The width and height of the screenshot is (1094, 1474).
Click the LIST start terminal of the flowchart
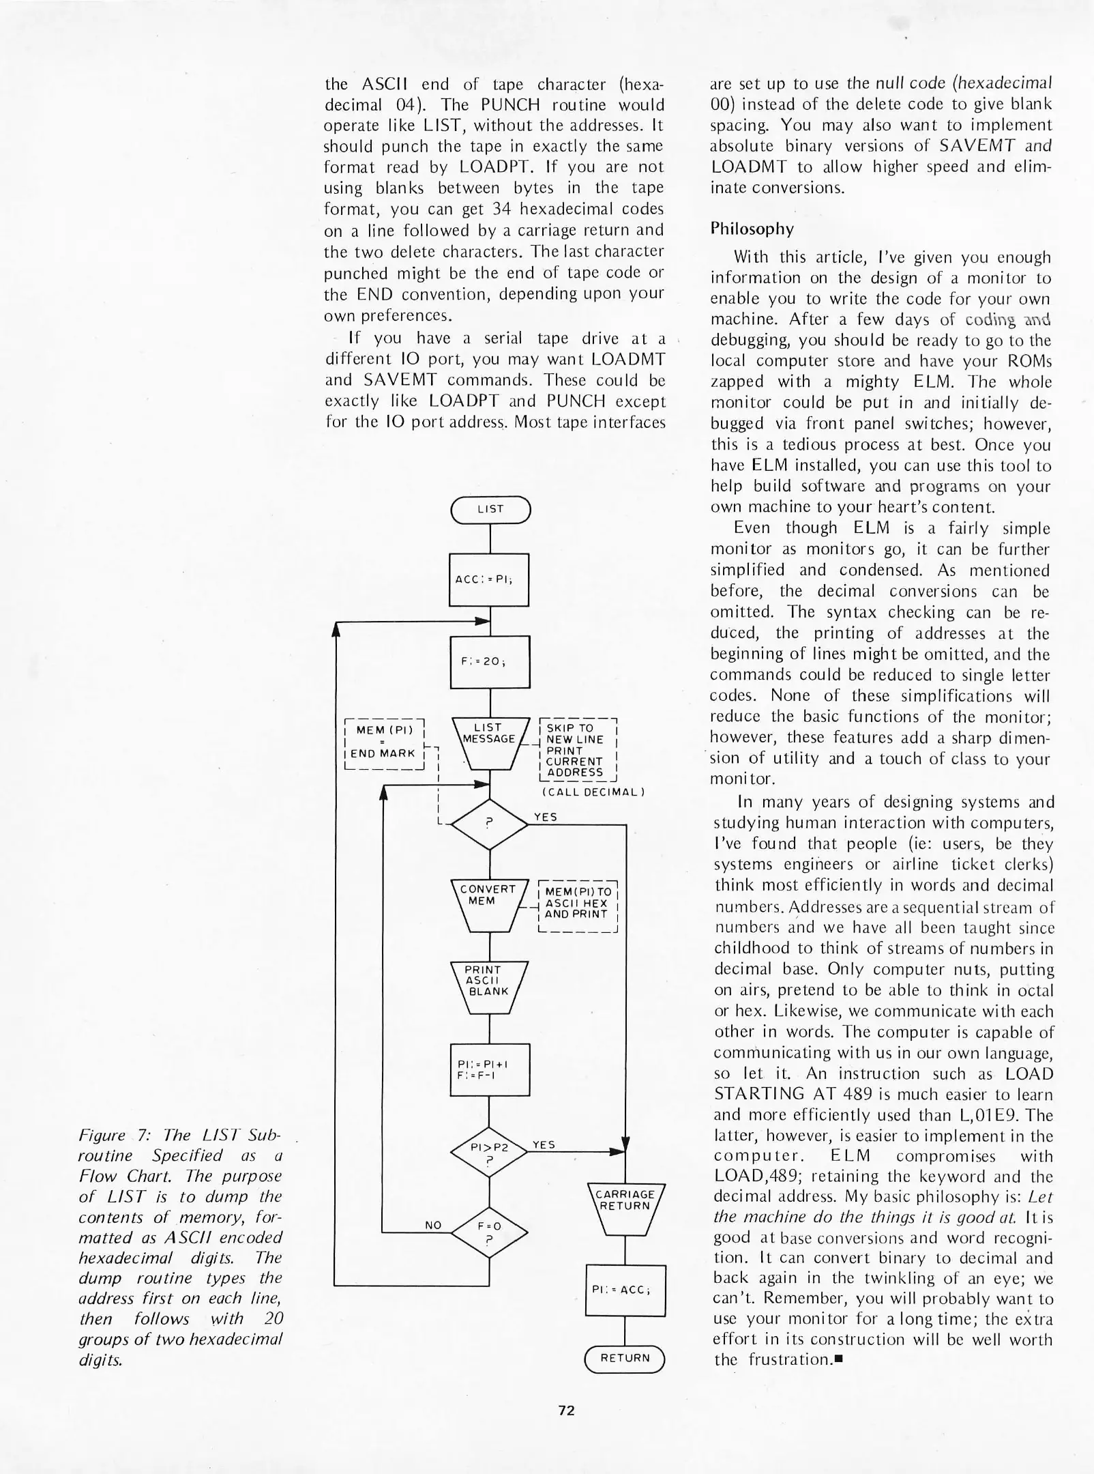pos(490,509)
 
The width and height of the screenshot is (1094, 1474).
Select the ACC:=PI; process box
pos(489,579)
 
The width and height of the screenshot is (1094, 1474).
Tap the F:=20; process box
pos(490,661)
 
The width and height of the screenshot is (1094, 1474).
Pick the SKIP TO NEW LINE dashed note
pos(578,750)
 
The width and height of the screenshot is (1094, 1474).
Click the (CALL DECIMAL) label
pos(593,792)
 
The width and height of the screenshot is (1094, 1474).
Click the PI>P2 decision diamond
pos(490,1152)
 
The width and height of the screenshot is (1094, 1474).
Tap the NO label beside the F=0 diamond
pos(433,1226)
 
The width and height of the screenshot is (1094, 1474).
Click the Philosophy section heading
pos(752,228)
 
